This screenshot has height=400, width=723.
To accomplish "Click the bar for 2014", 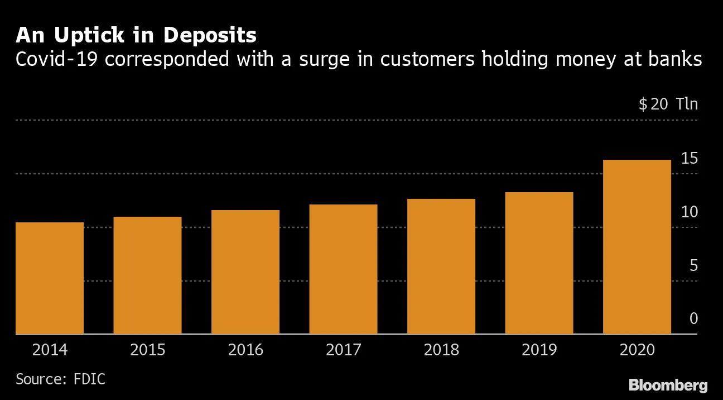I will (x=50, y=278).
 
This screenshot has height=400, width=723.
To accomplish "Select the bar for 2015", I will (x=147, y=275).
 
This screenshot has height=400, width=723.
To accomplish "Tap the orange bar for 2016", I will (x=245, y=272).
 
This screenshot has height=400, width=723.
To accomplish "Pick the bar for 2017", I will (x=343, y=269).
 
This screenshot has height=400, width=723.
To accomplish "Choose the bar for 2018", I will (x=441, y=266).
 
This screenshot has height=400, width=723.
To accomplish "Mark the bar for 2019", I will (x=539, y=263).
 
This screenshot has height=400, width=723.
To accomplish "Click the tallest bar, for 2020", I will (x=637, y=247).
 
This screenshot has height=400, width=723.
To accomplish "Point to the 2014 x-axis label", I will (x=50, y=350).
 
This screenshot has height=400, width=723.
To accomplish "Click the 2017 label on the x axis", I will (x=343, y=350).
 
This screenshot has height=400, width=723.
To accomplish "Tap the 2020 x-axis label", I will (x=637, y=350).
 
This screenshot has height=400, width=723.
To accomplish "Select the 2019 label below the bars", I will (x=539, y=350).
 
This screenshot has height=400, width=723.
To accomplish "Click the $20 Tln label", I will (x=668, y=104).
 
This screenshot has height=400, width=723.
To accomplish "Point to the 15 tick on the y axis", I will (x=690, y=159).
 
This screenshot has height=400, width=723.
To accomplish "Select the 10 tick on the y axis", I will (x=690, y=212).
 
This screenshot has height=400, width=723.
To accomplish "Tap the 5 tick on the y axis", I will (x=693, y=266).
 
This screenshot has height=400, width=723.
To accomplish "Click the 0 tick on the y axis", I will (x=693, y=319).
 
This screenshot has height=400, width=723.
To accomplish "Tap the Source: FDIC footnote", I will (x=60, y=379).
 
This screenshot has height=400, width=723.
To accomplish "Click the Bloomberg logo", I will (x=668, y=385).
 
